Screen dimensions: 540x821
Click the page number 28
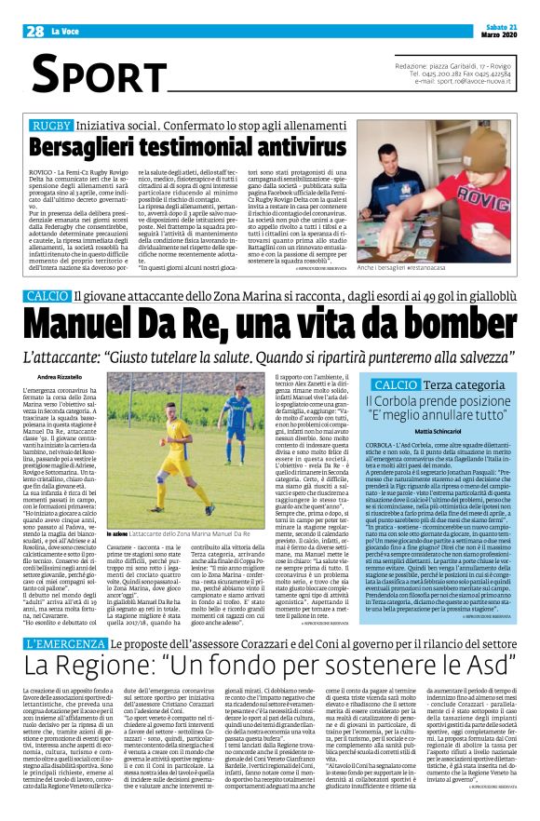pos(35,31)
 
